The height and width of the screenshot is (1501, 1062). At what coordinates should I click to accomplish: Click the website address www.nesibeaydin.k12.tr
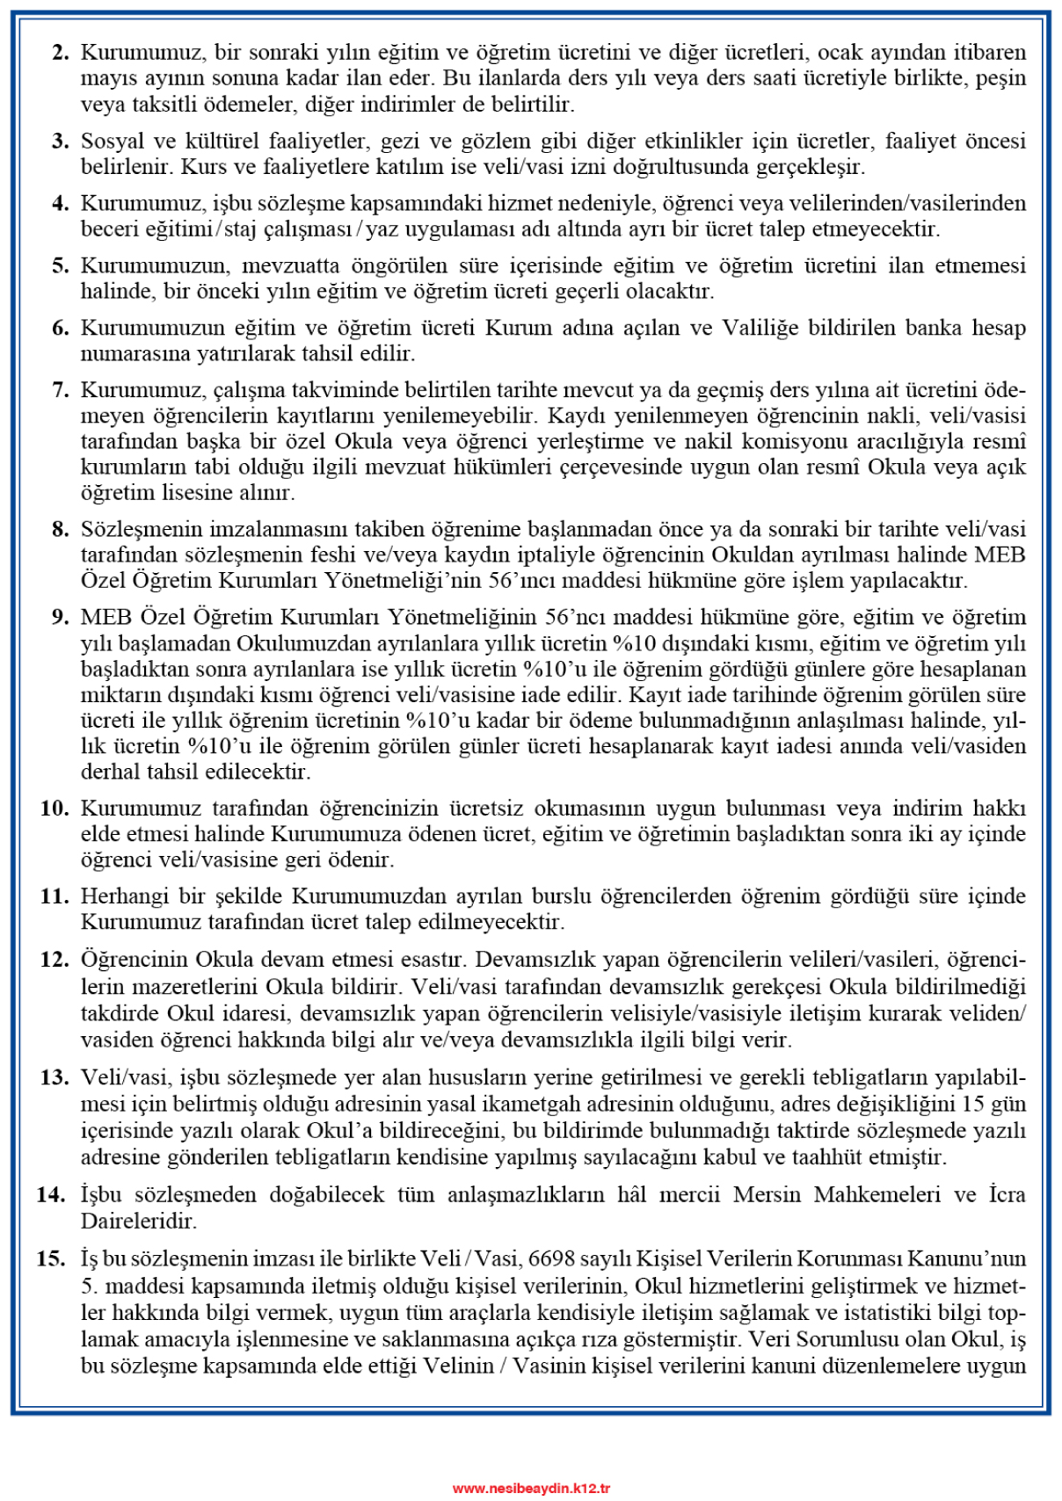click(531, 1488)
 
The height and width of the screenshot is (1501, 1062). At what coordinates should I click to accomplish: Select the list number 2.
click(60, 52)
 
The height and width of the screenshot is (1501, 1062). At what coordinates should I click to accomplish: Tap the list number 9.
click(60, 617)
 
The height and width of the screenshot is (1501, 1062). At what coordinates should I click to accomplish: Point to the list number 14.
click(51, 1194)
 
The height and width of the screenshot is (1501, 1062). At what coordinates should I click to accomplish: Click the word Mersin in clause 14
click(766, 1194)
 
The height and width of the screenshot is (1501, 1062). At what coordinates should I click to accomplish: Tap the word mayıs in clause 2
click(105, 78)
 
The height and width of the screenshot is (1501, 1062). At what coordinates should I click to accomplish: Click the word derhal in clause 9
click(106, 772)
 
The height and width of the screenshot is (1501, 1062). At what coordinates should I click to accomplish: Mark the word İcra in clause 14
click(1007, 1194)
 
